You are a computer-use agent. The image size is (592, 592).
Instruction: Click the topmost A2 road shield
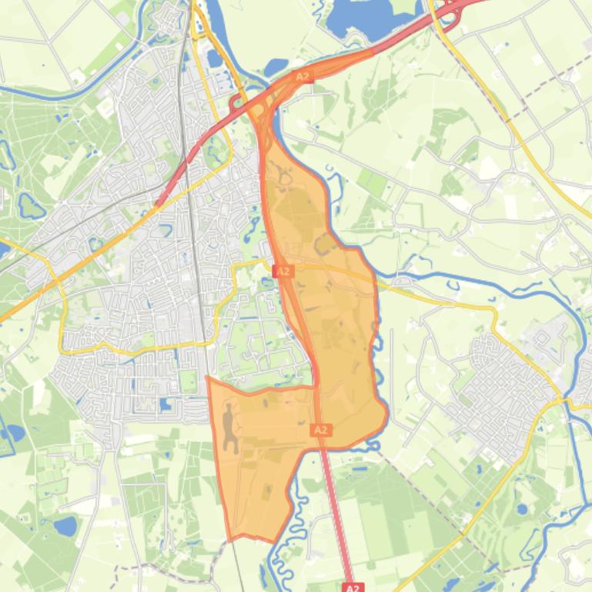tap(303, 77)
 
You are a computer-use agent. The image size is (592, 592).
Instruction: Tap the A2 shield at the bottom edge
tap(352, 587)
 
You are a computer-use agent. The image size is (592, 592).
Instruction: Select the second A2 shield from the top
tap(283, 271)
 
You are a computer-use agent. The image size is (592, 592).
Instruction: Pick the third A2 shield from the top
tap(321, 430)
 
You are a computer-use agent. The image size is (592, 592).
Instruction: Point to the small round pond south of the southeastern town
tap(523, 508)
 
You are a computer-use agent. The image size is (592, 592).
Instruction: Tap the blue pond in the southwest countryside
tap(65, 526)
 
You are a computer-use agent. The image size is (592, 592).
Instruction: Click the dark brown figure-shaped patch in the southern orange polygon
tap(230, 428)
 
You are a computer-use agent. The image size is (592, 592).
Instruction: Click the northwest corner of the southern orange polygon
tap(209, 378)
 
